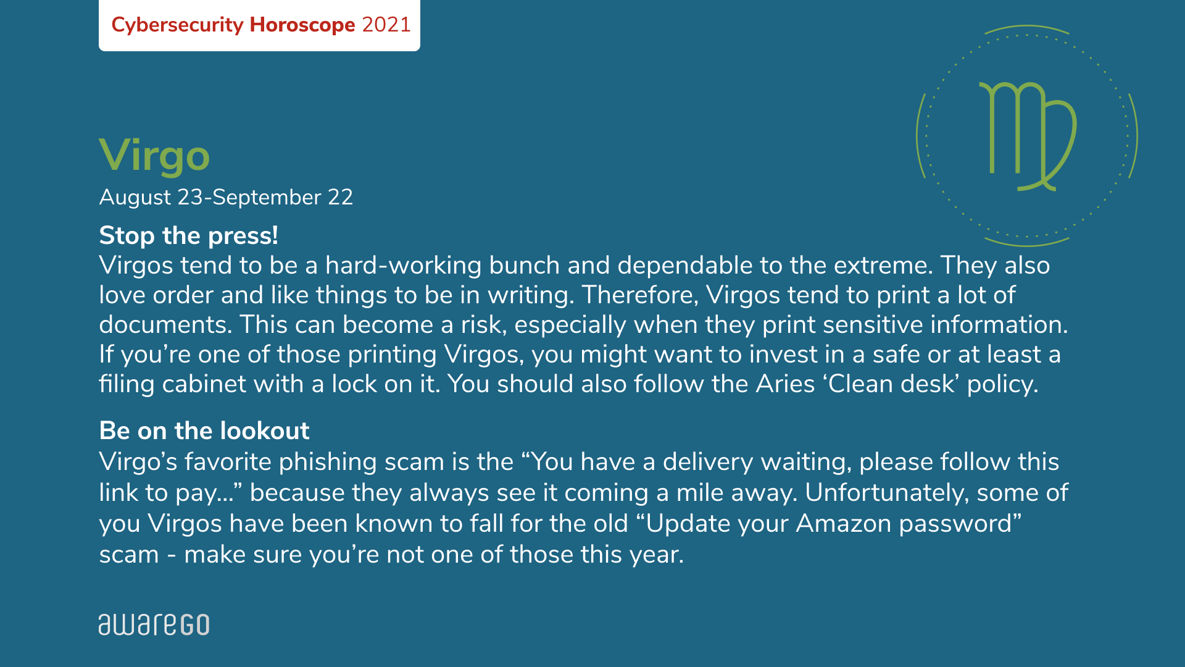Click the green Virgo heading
[x=154, y=156]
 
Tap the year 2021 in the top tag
[x=386, y=25]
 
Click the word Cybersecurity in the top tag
[x=178, y=25]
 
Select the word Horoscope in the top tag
[x=302, y=25]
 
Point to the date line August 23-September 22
[x=226, y=198]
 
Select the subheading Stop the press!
[x=189, y=236]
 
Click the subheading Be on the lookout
[x=204, y=431]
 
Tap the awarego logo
[x=154, y=624]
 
